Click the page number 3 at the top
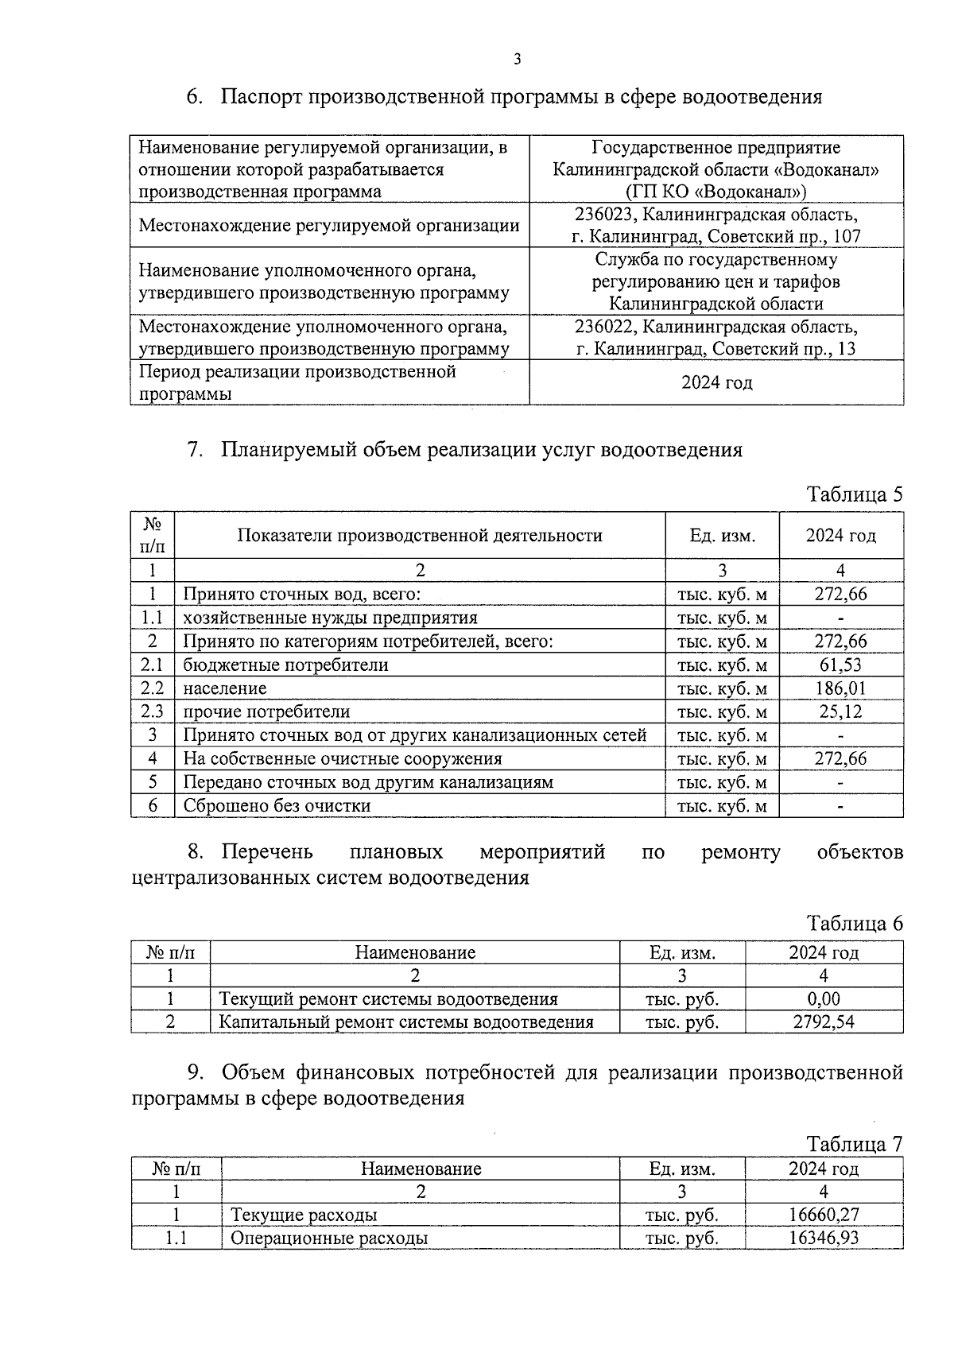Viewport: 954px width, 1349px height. point(518,59)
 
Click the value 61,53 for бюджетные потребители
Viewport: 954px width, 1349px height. point(840,665)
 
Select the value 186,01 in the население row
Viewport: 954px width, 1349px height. point(840,688)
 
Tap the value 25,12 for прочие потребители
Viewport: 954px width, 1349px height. point(840,711)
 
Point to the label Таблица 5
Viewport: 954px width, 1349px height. point(855,494)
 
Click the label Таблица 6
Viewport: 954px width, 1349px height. point(855,924)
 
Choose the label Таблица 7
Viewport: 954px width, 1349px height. point(855,1144)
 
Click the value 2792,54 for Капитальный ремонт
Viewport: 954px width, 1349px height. point(824,1021)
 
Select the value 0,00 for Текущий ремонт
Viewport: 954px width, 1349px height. point(824,998)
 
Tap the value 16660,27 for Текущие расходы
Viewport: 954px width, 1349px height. point(824,1215)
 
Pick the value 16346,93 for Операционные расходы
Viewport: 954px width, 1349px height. point(824,1238)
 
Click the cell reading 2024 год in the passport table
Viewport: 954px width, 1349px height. point(716,383)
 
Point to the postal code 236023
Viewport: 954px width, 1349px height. point(607,215)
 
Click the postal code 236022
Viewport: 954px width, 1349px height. point(607,327)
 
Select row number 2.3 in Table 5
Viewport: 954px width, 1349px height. point(152,711)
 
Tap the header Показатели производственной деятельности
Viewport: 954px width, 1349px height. point(420,536)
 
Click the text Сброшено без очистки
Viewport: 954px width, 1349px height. point(277,805)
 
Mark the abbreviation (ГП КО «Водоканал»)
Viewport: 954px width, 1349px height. point(716,192)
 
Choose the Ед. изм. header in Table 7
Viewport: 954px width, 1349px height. point(682,1169)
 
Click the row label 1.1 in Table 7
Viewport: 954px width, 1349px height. point(176,1238)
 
